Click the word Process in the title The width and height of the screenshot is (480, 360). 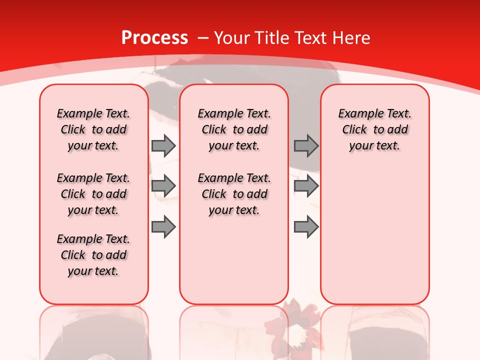click(154, 38)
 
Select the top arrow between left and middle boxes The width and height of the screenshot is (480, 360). click(163, 146)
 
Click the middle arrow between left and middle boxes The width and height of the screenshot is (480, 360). click(163, 186)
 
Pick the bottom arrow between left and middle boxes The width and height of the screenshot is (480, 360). click(163, 227)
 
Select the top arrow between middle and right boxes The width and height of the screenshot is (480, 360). click(306, 146)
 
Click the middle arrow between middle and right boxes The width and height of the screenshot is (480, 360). click(306, 186)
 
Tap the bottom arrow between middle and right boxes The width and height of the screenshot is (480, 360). click(306, 227)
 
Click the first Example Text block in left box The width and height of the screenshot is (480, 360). click(93, 129)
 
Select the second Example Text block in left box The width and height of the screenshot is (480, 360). click(93, 194)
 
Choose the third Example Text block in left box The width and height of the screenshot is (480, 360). click(93, 255)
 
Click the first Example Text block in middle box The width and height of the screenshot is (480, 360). click(234, 129)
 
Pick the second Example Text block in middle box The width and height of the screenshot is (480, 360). click(234, 194)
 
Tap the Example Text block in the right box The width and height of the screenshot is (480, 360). click(375, 129)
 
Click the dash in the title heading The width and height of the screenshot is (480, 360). click(202, 38)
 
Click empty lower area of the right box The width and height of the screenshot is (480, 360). click(375, 240)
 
